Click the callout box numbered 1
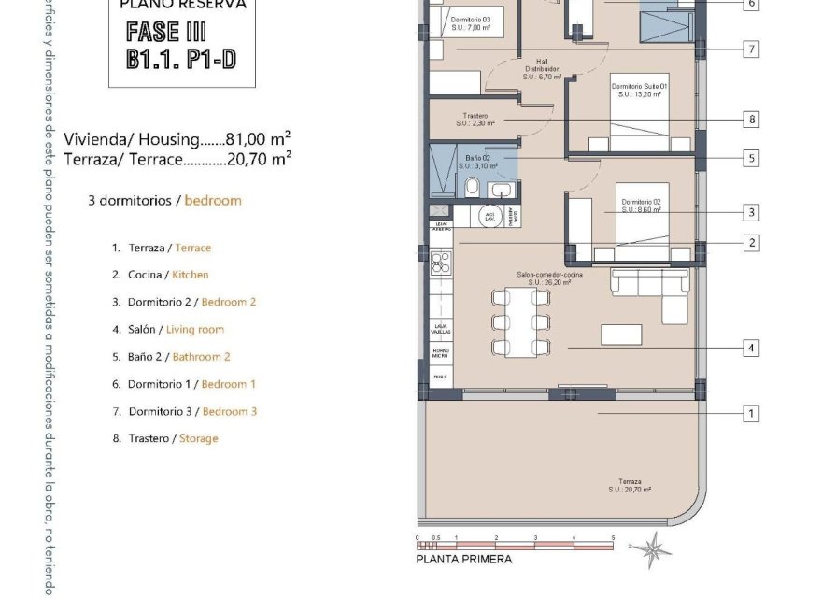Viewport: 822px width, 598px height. point(751,413)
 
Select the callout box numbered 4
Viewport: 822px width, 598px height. point(751,349)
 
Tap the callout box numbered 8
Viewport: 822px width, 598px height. point(751,120)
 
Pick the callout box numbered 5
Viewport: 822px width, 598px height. point(751,159)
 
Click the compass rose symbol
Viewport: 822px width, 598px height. point(652,548)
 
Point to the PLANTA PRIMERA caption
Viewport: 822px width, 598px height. point(464,560)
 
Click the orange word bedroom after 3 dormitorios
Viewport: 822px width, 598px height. point(213,200)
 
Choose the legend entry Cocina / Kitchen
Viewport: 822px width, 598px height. point(160,275)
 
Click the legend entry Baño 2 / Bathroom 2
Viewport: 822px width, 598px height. point(171,357)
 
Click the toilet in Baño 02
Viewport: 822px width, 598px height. point(473,190)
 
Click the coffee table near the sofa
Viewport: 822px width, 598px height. point(620,334)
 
